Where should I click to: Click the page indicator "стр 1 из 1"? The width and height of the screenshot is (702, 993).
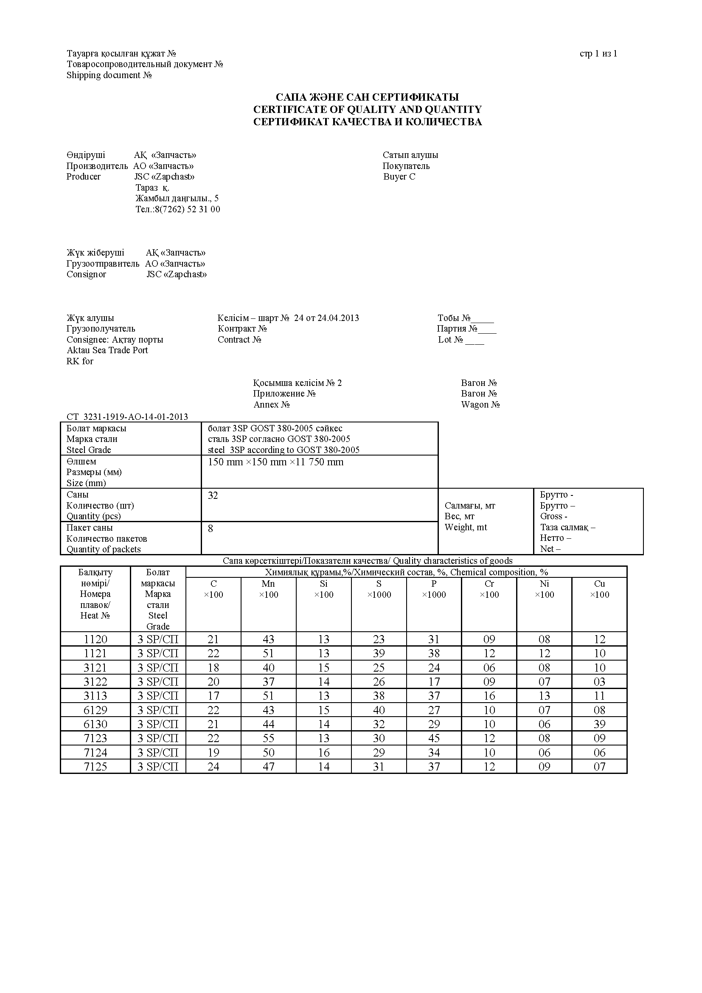[x=598, y=53]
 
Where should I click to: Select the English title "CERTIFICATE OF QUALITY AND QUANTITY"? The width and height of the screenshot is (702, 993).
[x=367, y=110]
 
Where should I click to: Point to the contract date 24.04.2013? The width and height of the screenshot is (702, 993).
[x=338, y=318]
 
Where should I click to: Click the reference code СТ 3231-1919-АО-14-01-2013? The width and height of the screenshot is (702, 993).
[x=127, y=417]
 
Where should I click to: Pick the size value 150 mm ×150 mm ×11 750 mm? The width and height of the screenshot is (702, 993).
[x=275, y=462]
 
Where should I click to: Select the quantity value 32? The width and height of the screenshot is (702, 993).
[x=213, y=495]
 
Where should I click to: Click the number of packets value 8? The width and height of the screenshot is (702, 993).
[x=211, y=529]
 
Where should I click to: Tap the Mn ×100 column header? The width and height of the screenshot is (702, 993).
[x=268, y=589]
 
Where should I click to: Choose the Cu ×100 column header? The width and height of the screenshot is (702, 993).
[x=599, y=589]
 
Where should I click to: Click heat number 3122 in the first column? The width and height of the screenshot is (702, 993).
[x=95, y=682]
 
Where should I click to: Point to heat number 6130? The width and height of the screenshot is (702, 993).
[x=95, y=724]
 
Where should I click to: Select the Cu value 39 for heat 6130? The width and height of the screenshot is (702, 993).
[x=599, y=724]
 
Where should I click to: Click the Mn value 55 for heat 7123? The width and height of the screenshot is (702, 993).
[x=268, y=738]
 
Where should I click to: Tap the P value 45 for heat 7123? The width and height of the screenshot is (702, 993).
[x=434, y=738]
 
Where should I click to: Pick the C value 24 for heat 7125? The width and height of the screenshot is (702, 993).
[x=213, y=767]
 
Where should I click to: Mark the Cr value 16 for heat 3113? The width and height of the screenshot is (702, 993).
[x=489, y=696]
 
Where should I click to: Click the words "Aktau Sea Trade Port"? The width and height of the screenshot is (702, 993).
[x=107, y=350]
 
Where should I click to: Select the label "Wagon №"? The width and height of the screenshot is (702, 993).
[x=480, y=405]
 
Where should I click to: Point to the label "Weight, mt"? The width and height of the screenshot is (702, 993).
[x=466, y=527]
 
